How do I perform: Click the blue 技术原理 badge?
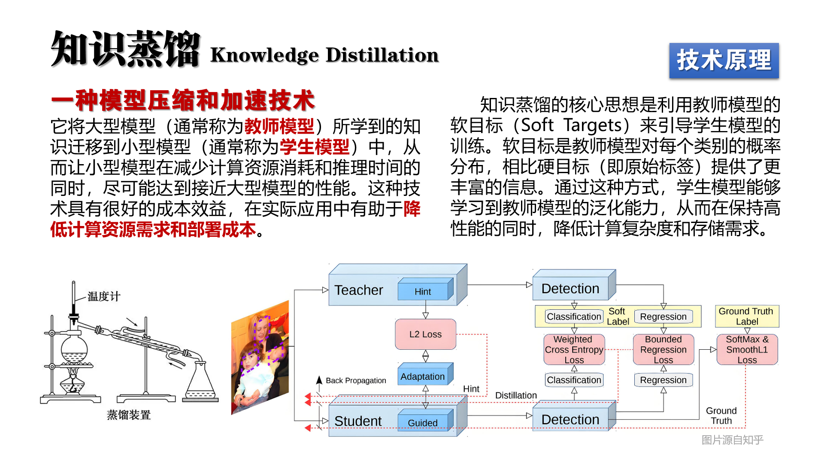(x=724, y=61)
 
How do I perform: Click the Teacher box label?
(x=358, y=290)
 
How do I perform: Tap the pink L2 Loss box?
(x=425, y=334)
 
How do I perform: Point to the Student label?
(x=358, y=421)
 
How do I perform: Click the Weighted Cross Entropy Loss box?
(x=574, y=350)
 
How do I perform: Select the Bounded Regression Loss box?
(x=663, y=350)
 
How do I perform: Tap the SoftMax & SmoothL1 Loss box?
(x=747, y=350)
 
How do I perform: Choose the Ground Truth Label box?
(x=747, y=316)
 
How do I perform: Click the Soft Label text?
(x=618, y=317)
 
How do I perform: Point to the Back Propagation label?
(x=356, y=381)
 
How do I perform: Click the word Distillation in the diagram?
(x=516, y=396)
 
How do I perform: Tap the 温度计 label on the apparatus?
(x=104, y=296)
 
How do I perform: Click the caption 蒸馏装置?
(x=129, y=415)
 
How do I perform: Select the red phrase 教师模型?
(x=279, y=126)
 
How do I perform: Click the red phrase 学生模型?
(x=315, y=147)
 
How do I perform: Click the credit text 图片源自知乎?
(x=733, y=440)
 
